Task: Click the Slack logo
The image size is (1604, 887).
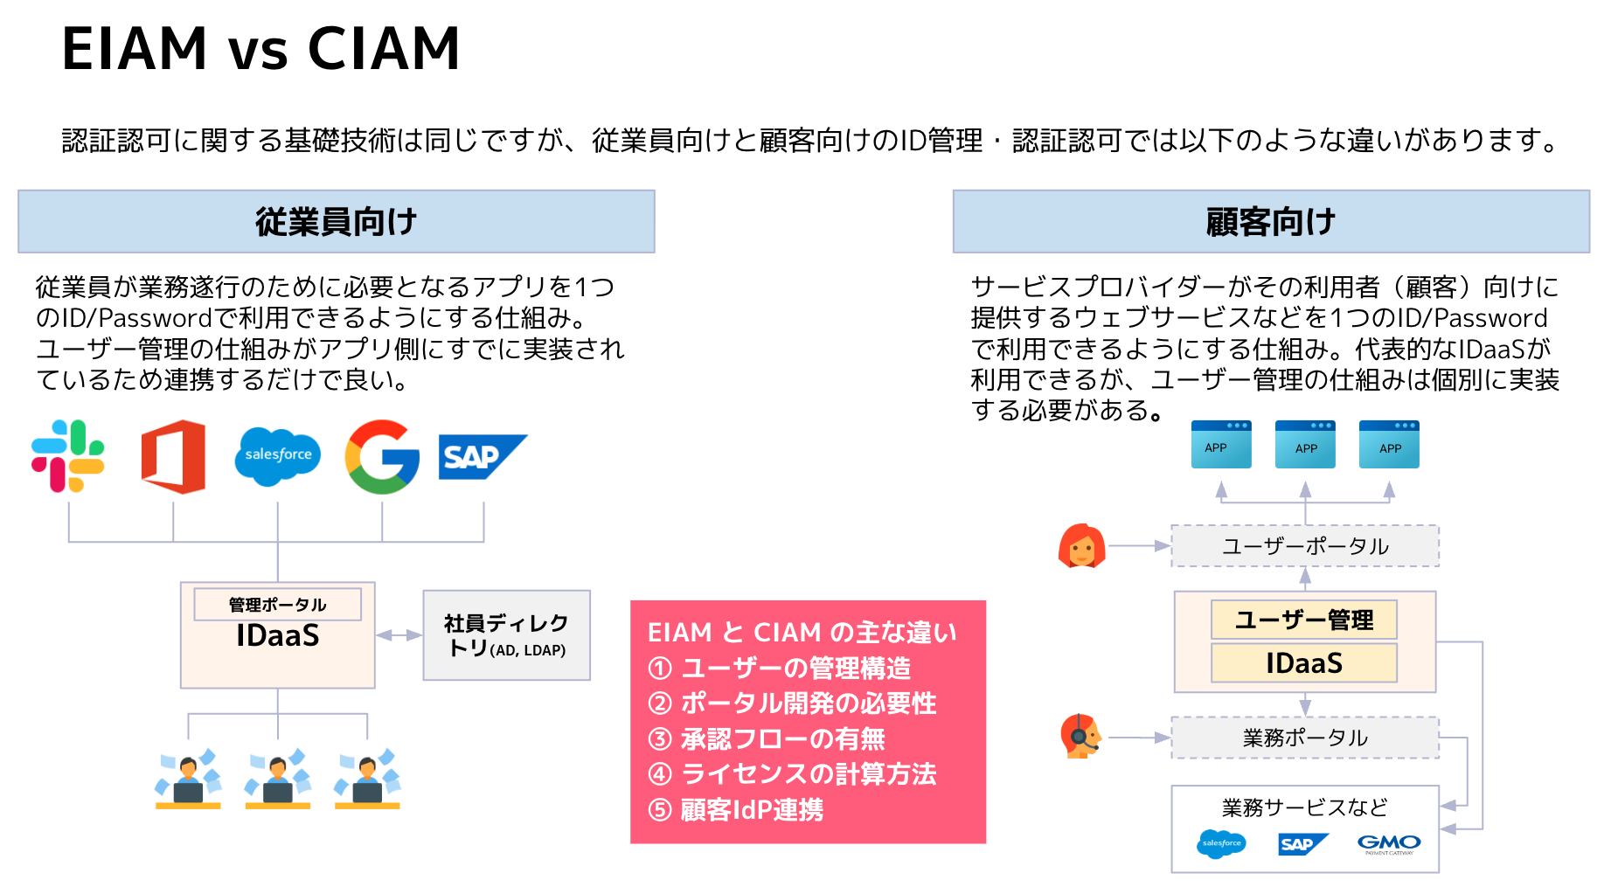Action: click(68, 456)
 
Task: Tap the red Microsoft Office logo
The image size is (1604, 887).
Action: click(173, 456)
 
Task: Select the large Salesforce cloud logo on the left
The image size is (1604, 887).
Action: click(278, 455)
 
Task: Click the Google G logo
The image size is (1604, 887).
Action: click(382, 456)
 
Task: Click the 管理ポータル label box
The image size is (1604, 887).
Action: click(277, 605)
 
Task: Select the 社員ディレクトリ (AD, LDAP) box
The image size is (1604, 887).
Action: click(506, 635)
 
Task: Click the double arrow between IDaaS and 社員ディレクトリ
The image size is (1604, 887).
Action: click(399, 635)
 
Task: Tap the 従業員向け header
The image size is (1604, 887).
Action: click(337, 222)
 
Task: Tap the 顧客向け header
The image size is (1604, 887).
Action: click(1271, 222)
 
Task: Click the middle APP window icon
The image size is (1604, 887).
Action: click(1305, 445)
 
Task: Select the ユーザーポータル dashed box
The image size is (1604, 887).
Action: click(1305, 546)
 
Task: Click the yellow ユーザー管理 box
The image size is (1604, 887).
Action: click(1303, 620)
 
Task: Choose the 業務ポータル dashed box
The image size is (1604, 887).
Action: click(1305, 738)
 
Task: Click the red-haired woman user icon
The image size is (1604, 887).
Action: click(1081, 546)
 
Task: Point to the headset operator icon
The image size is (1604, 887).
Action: click(1080, 737)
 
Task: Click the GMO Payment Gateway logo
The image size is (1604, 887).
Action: click(1389, 844)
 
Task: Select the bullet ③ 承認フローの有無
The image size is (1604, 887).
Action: click(767, 739)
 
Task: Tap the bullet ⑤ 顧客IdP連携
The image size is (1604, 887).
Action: click(736, 810)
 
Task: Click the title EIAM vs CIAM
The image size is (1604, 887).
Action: click(260, 49)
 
